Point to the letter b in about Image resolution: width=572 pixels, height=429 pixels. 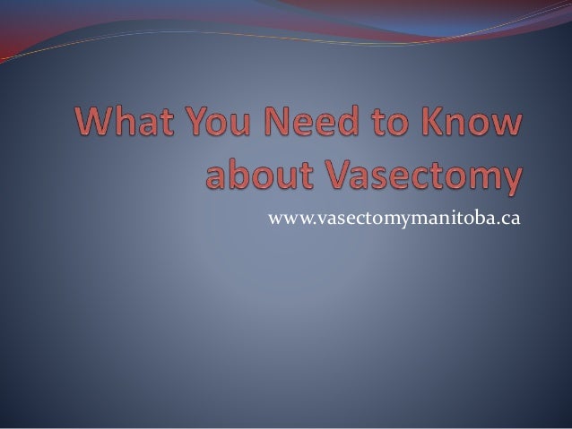click(x=237, y=173)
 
